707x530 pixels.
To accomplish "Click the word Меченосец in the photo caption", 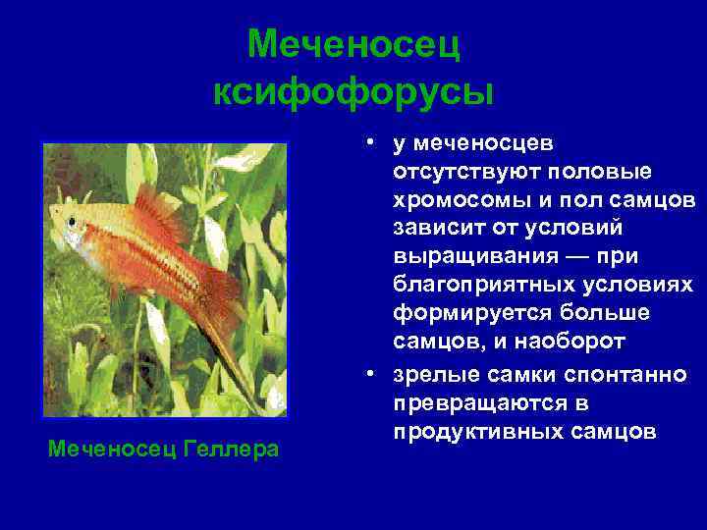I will click(112, 450).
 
